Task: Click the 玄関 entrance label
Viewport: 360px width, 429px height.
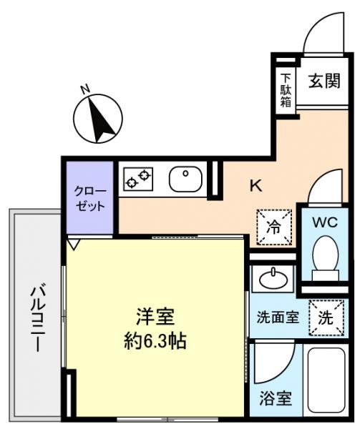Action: (324, 81)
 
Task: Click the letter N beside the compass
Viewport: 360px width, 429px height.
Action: (84, 89)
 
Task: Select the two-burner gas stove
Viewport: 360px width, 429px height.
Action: (138, 178)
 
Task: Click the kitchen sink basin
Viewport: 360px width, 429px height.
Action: (185, 178)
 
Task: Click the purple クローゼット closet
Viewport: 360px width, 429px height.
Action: (90, 198)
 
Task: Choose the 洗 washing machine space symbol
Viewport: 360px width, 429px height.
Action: (326, 317)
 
